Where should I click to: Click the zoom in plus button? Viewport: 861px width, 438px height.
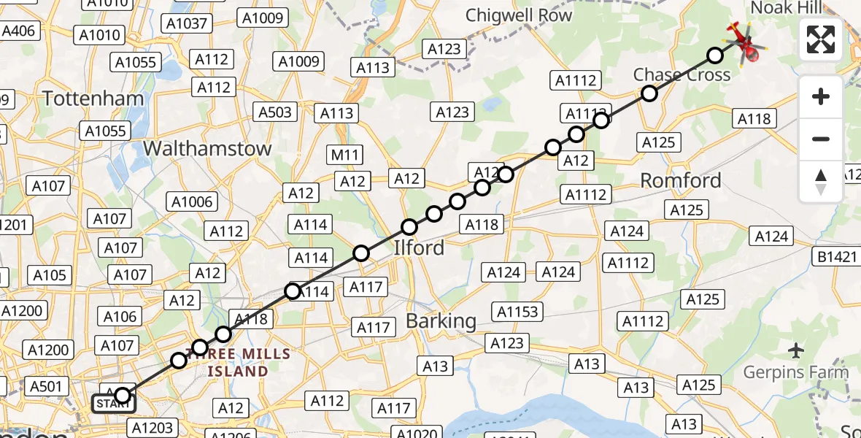[x=821, y=96]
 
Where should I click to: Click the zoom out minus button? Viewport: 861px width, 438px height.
[x=821, y=139]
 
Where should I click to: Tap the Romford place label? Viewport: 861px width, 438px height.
[x=680, y=180]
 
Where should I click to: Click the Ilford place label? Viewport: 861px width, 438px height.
[x=419, y=247]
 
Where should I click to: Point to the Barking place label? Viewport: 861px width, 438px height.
[x=441, y=320]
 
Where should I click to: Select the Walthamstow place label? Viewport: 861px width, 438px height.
[x=207, y=148]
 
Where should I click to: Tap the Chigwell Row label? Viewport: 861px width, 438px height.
[x=519, y=15]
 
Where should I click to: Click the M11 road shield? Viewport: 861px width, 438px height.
[x=345, y=154]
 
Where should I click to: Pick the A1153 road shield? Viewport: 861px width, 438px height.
[x=517, y=312]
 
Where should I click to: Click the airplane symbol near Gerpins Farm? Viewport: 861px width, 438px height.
[x=796, y=350]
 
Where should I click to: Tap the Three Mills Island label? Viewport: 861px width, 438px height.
[x=237, y=363]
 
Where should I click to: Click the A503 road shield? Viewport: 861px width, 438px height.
[x=275, y=112]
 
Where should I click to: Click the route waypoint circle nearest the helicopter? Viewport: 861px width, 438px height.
[x=715, y=55]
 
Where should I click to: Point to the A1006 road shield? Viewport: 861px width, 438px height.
[x=191, y=202]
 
